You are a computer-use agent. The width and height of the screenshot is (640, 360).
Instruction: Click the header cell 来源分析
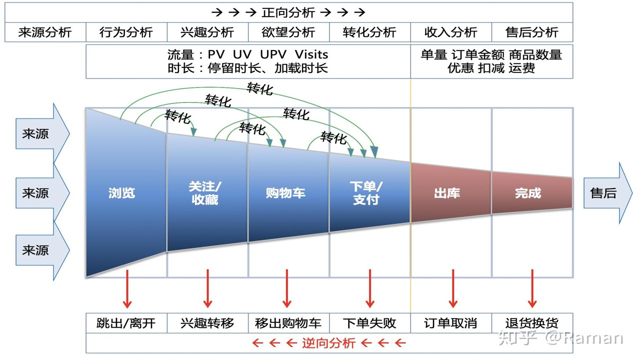pos(45,32)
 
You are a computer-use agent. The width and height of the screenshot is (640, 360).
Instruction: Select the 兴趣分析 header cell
pos(207,32)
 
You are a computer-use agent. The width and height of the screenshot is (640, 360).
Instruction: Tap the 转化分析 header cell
pos(369,32)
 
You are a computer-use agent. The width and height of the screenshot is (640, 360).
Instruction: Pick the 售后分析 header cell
pos(532,32)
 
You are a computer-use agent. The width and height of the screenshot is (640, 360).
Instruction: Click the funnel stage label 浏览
pos(121,193)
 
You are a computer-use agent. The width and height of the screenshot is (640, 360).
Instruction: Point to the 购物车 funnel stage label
pos(285,193)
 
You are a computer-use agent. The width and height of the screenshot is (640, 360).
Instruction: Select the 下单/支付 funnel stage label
pos(366,193)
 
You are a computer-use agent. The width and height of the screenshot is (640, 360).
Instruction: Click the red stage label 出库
pos(447,193)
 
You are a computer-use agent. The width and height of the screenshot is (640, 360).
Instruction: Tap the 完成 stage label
pos(528,193)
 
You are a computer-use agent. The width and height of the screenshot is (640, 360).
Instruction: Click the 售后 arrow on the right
pos(607,193)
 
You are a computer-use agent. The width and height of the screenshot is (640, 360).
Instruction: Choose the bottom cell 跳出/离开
pos(126,323)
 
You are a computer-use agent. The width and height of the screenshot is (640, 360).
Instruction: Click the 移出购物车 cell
pos(288,323)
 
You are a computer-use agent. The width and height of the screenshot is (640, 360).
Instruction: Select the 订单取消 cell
pos(451,323)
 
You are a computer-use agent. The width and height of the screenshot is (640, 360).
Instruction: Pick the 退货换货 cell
pos(532,323)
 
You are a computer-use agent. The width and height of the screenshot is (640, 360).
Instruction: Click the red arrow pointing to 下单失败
pos(370,288)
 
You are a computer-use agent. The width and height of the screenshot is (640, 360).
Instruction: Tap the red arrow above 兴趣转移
pos(207,288)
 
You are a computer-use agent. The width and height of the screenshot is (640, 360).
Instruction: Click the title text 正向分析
pos(288,12)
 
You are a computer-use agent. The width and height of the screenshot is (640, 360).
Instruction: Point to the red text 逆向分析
pos(328,343)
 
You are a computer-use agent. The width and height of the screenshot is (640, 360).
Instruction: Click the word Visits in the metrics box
pos(311,54)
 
